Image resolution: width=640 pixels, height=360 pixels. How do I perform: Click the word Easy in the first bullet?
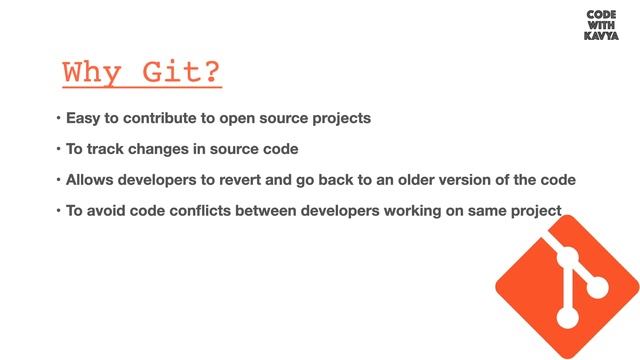pyautogui.click(x=85, y=118)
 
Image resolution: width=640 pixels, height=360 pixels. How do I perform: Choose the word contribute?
pyautogui.click(x=166, y=118)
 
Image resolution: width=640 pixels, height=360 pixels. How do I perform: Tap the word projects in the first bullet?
pyautogui.click(x=340, y=118)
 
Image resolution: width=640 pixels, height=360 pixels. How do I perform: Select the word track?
pyautogui.click(x=106, y=149)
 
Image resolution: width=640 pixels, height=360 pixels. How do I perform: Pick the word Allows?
pyautogui.click(x=92, y=180)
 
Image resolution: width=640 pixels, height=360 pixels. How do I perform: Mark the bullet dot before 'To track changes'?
pyautogui.click(x=58, y=150)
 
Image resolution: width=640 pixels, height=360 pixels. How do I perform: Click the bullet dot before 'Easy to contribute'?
pyautogui.click(x=58, y=119)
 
